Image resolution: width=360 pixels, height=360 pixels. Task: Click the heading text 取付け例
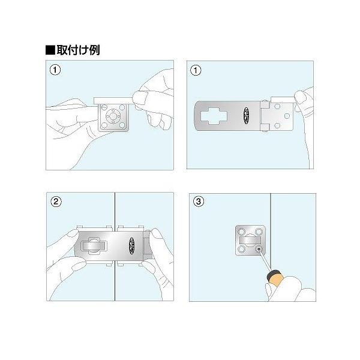tap(82, 49)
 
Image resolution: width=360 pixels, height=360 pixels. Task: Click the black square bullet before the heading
tap(50, 49)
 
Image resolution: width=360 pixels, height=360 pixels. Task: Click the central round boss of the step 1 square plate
tap(113, 116)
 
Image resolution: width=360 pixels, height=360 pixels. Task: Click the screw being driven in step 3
tap(259, 248)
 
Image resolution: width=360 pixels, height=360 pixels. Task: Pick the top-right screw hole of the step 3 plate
tap(259, 230)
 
